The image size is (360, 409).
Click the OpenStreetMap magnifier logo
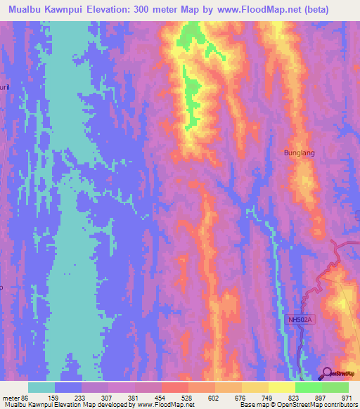[x=328, y=372]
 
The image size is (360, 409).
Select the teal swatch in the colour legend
[x=41, y=387]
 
